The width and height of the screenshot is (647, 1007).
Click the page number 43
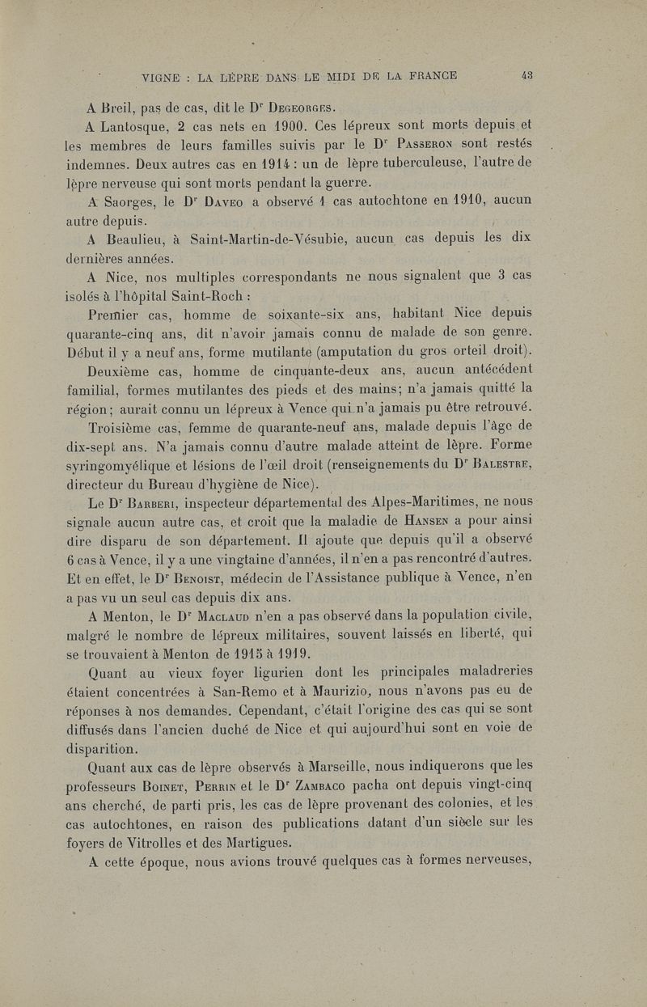(526, 77)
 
